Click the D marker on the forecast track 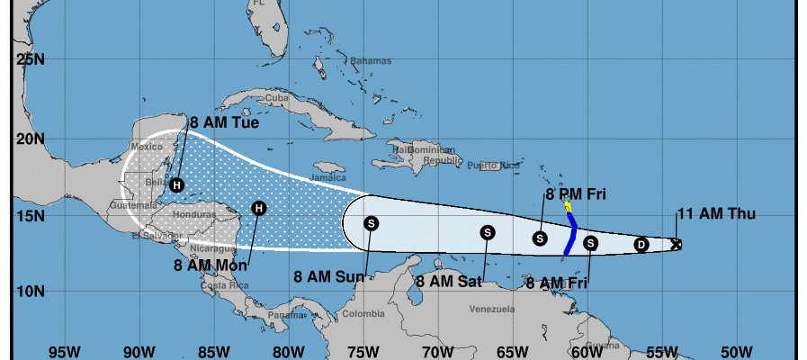[641, 244]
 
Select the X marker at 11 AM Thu [676, 244]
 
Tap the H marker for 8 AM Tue [177, 185]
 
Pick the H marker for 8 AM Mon [259, 208]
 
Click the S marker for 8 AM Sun [371, 222]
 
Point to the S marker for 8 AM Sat [487, 231]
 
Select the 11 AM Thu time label [716, 213]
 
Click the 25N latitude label [31, 59]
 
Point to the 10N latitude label [31, 292]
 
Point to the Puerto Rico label [494, 166]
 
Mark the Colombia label [363, 314]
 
